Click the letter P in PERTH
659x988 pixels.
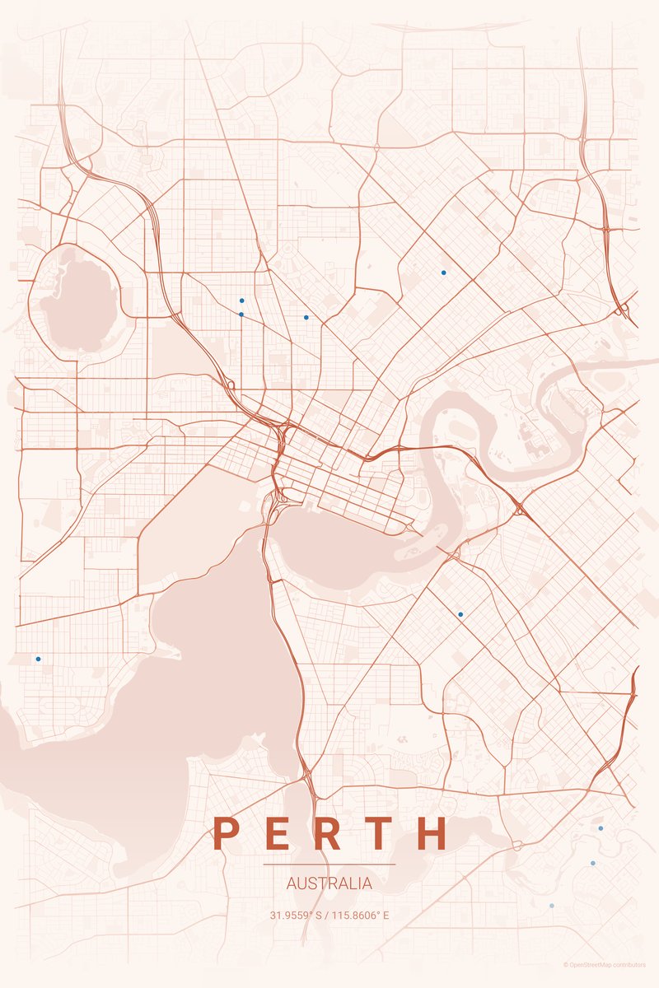[226, 833]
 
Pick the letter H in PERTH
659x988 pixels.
[432, 833]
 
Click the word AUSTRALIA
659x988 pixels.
[329, 883]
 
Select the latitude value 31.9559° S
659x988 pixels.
[297, 915]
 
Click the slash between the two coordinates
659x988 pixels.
[329, 915]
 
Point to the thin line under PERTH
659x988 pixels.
[329, 864]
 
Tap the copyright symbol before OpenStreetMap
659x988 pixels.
[566, 964]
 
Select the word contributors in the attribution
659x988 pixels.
[629, 964]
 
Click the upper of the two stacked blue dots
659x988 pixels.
[241, 301]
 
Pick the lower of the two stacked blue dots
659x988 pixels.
[241, 314]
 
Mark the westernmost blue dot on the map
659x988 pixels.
[38, 659]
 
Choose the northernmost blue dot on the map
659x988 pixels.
[443, 272]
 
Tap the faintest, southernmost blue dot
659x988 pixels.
[552, 906]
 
